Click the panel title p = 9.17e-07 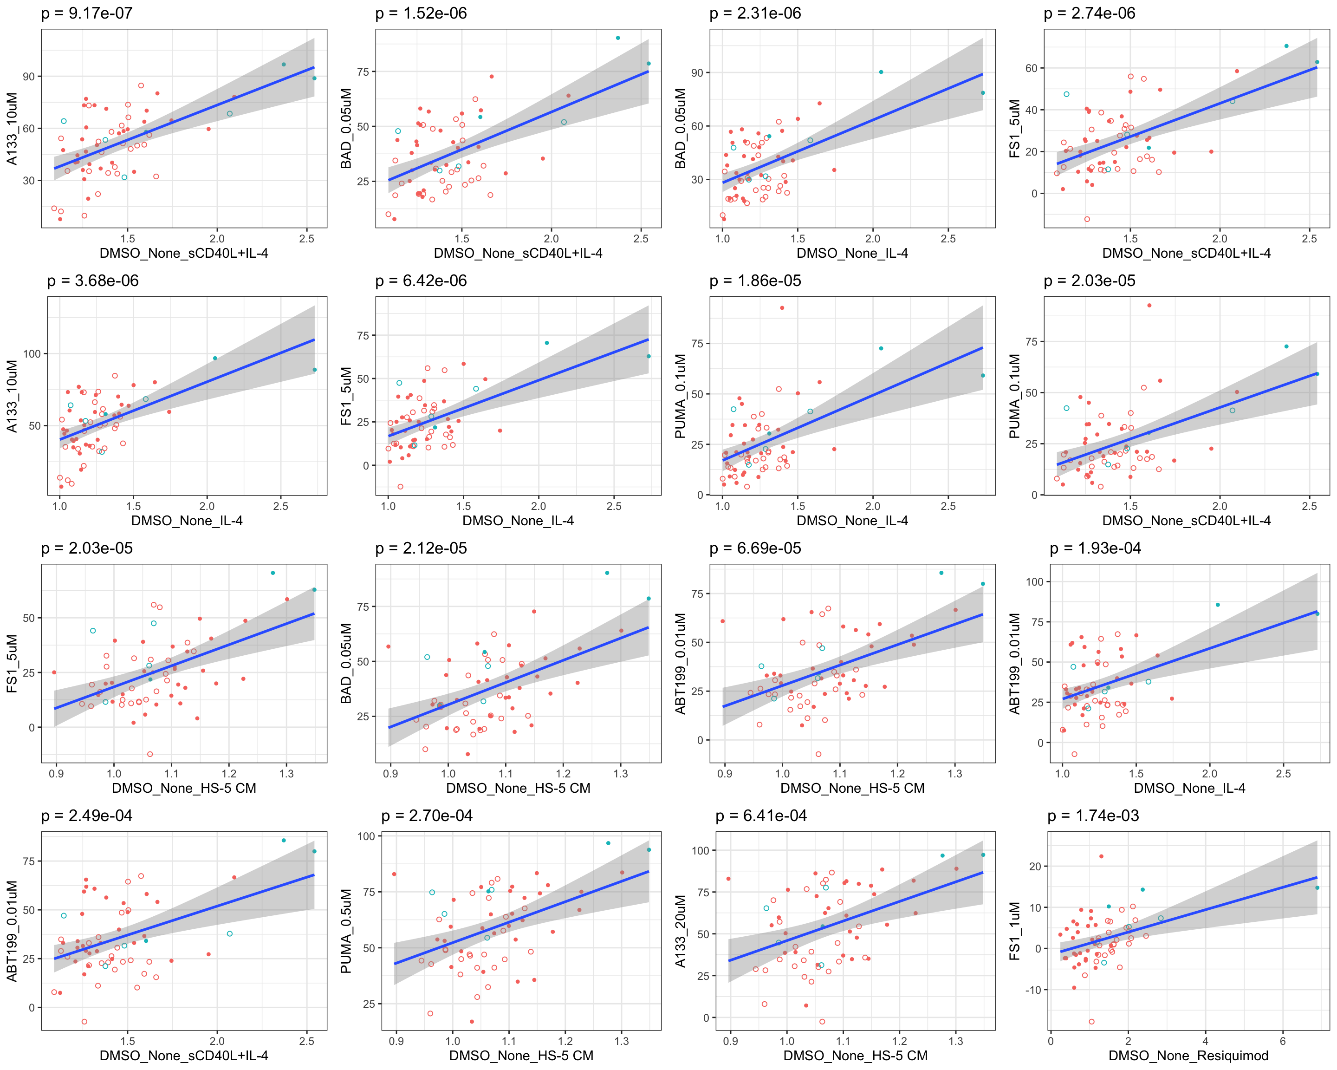[x=87, y=13]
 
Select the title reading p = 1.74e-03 [x=1093, y=816]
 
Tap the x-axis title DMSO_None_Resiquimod [x=1188, y=1056]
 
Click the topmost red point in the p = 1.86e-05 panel [x=782, y=307]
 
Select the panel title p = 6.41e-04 [x=761, y=816]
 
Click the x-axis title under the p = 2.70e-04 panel [x=521, y=1056]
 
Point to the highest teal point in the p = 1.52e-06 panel [x=617, y=38]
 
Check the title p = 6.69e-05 [x=755, y=548]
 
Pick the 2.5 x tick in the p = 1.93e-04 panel [x=1283, y=774]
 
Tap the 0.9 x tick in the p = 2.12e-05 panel [x=391, y=774]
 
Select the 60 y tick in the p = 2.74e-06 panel [x=1031, y=68]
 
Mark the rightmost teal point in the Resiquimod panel [x=1317, y=887]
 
